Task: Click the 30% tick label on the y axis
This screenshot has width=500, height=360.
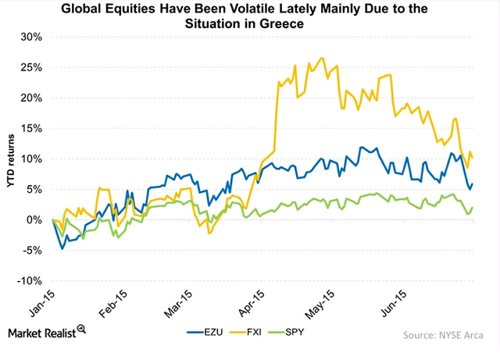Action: click(x=31, y=37)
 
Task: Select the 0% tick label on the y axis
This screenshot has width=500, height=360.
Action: click(x=34, y=220)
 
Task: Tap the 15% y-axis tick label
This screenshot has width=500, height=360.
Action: click(x=31, y=128)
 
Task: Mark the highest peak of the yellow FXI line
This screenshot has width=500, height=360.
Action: click(x=322, y=58)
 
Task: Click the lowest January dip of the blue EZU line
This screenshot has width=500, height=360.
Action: click(x=62, y=248)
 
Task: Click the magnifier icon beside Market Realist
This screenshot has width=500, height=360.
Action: click(x=81, y=330)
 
